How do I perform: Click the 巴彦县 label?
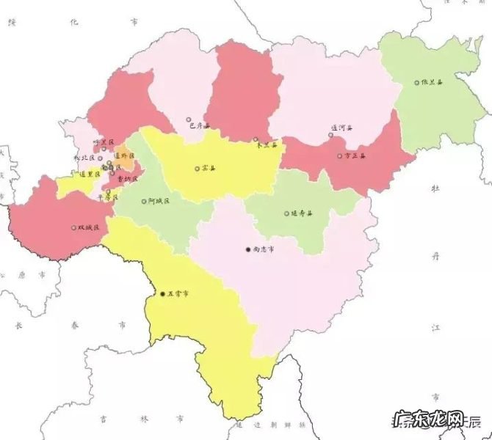(x=199, y=126)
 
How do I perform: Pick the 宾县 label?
(x=209, y=169)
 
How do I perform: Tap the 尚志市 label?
(x=264, y=249)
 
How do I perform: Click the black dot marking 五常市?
(x=162, y=295)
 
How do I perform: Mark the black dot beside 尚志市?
(x=248, y=249)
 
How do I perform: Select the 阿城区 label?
(x=158, y=200)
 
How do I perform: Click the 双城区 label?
(x=88, y=228)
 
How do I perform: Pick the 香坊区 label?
(x=129, y=178)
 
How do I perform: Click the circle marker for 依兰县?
(x=416, y=83)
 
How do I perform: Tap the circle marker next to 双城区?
(x=73, y=228)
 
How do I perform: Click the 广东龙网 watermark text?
(x=429, y=420)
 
